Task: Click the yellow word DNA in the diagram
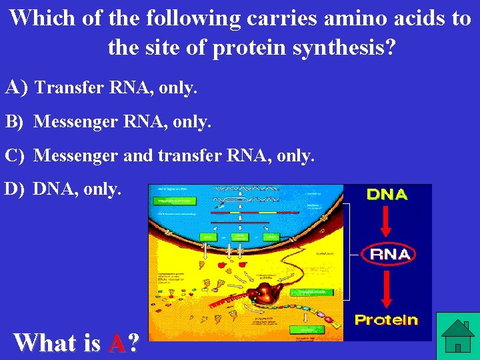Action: [387, 195]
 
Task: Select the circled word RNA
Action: [390, 254]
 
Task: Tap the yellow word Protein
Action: [386, 320]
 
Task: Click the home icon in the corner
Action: [457, 336]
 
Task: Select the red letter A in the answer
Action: [117, 343]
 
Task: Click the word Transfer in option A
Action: [64, 87]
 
